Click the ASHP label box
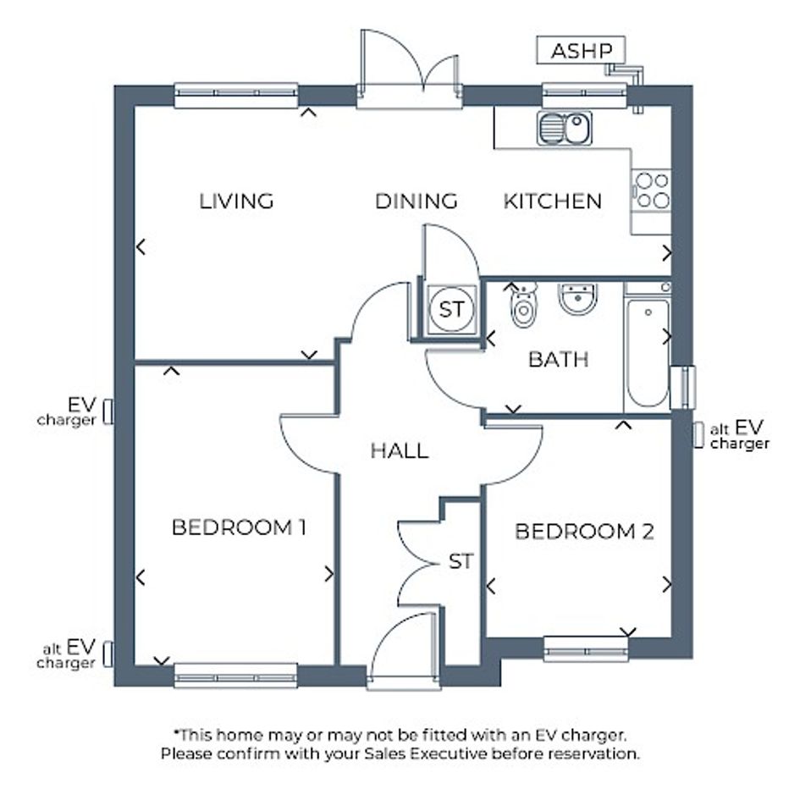(x=581, y=50)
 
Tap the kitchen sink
(x=565, y=128)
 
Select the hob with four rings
(x=652, y=190)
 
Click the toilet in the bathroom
(x=523, y=304)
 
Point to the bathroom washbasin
(x=577, y=299)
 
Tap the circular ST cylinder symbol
(x=451, y=309)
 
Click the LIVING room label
(x=236, y=201)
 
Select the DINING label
(x=417, y=201)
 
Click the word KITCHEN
(x=553, y=201)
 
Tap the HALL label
(x=399, y=451)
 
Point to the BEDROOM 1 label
(x=239, y=527)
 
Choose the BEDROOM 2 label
(x=584, y=532)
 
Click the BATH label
(x=558, y=360)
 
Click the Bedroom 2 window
(x=586, y=649)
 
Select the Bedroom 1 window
(x=235, y=676)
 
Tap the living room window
(x=235, y=96)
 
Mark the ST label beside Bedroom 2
(x=461, y=562)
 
